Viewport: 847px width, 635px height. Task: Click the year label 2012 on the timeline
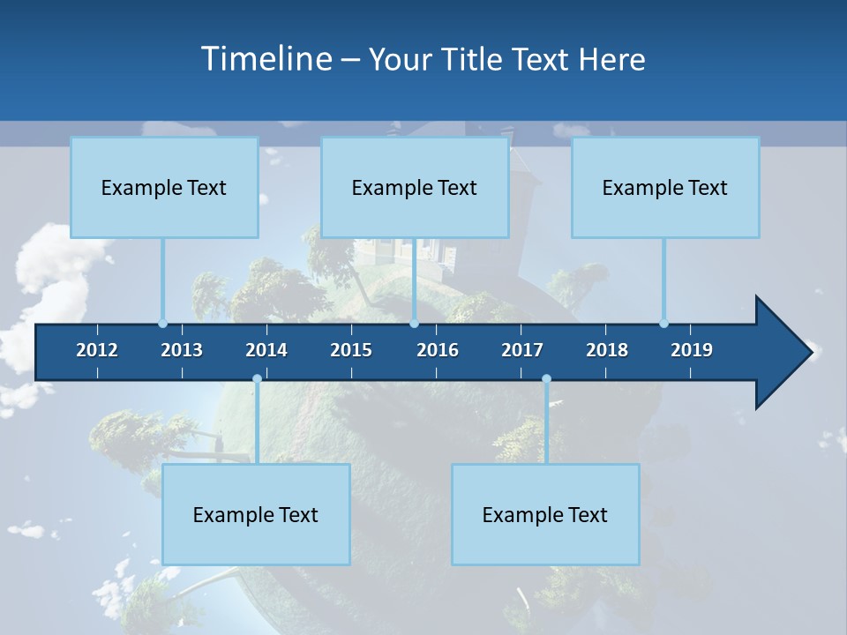[97, 350]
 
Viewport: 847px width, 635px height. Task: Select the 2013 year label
[182, 350]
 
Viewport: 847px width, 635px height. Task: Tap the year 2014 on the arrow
[266, 350]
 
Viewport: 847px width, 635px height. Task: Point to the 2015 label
[351, 350]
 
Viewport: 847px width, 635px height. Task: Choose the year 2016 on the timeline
[438, 350]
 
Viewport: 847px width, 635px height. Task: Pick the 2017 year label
[522, 350]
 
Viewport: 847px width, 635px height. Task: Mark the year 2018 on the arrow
[607, 350]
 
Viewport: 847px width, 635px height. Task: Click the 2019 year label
[692, 350]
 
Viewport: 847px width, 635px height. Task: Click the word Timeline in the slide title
[266, 58]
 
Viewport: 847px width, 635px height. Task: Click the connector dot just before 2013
[162, 323]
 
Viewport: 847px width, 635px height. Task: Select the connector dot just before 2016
[414, 323]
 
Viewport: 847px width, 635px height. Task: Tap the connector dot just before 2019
[663, 323]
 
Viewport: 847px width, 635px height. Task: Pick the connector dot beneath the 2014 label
[257, 379]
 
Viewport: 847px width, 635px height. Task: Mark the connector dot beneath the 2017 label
[546, 379]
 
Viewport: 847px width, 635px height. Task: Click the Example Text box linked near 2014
[256, 514]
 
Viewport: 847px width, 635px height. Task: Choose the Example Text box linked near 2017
[545, 514]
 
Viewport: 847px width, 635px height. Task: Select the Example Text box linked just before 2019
[665, 187]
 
